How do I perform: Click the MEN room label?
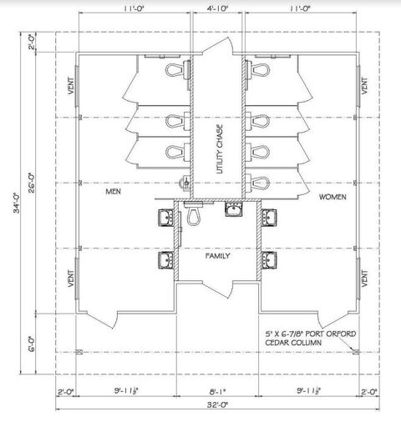coord(114,192)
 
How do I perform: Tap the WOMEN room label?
coord(332,198)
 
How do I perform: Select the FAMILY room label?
coord(218,256)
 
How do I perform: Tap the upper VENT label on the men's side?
coord(71,87)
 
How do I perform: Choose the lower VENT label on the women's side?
coord(364,278)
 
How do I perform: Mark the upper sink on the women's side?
coord(268,219)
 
